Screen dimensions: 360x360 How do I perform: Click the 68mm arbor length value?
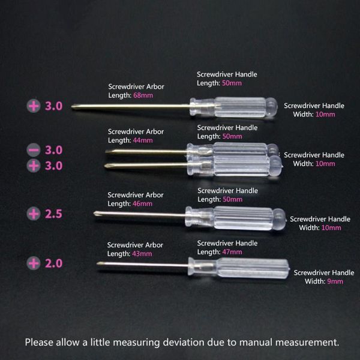pos(143,95)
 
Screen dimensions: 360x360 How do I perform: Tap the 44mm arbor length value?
pos(143,140)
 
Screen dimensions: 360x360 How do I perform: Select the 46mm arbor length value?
pos(142,203)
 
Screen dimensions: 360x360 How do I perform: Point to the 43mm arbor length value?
pos(142,254)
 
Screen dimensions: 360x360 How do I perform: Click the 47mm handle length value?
pos(232,252)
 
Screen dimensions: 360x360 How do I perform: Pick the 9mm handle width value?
pos(335,281)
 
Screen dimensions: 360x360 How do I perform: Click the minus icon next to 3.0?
pos(34,150)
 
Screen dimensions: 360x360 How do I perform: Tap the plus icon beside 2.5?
pos(34,214)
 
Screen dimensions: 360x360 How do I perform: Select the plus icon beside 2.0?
pos(34,263)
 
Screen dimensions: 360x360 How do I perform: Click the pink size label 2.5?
pos(53,214)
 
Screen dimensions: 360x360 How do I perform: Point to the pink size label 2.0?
pos(53,263)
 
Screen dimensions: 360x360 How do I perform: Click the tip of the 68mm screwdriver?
pos(72,106)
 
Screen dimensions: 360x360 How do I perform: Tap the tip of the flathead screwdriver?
pos(106,151)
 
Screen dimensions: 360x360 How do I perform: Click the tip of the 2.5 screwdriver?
pos(94,213)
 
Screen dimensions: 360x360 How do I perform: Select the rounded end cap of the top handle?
pos(272,107)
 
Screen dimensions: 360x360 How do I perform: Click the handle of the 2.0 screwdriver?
pos(239,268)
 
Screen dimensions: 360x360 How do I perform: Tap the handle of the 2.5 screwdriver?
pos(236,218)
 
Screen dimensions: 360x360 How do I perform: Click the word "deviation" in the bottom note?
pos(184,343)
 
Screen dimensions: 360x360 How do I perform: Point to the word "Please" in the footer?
pos(39,343)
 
